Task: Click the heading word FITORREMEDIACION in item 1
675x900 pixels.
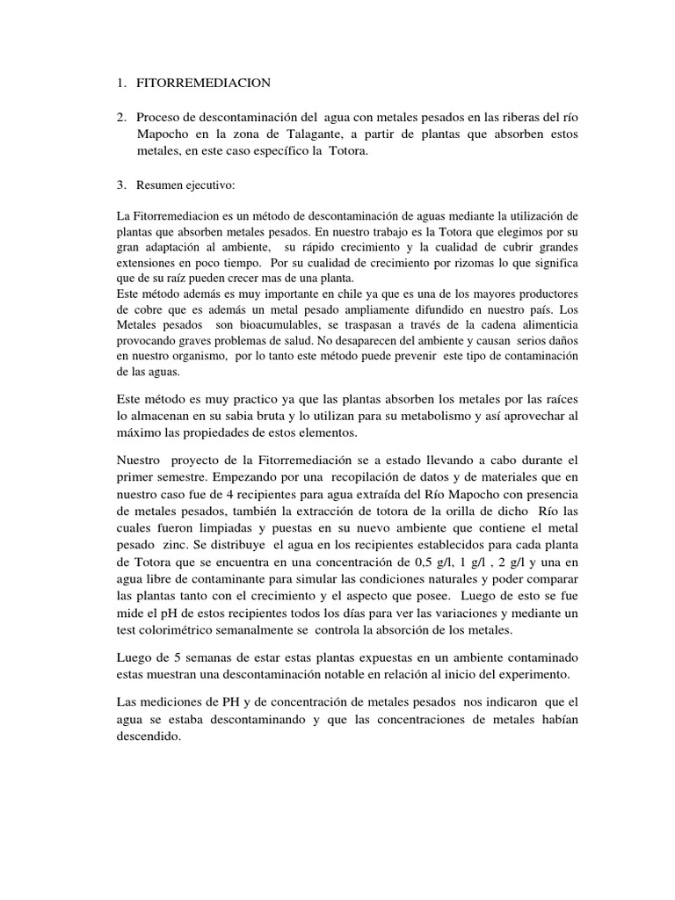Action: point(204,83)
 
